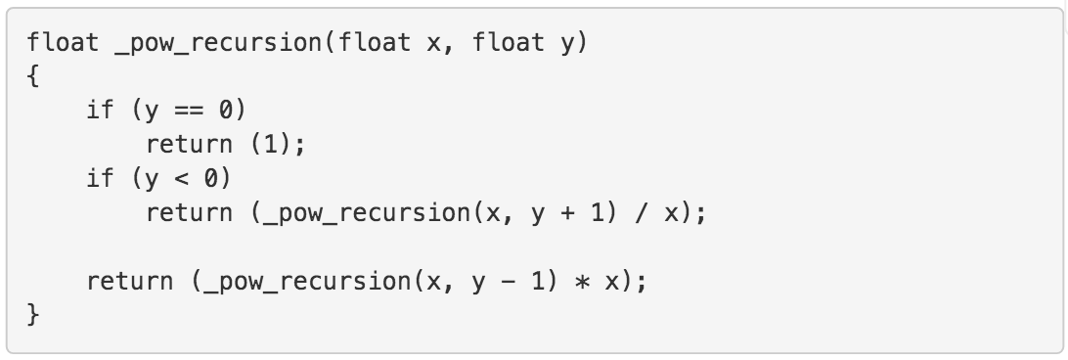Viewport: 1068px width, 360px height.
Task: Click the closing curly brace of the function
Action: pyautogui.click(x=33, y=316)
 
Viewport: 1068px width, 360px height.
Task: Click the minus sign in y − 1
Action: pyautogui.click(x=510, y=282)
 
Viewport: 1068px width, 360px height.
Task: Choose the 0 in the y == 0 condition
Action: pyautogui.click(x=221, y=110)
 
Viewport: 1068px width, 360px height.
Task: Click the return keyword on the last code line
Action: pyautogui.click(x=131, y=282)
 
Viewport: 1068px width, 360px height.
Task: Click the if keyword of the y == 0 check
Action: pyautogui.click(x=100, y=110)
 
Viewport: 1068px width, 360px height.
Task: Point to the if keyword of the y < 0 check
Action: pyautogui.click(x=100, y=178)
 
